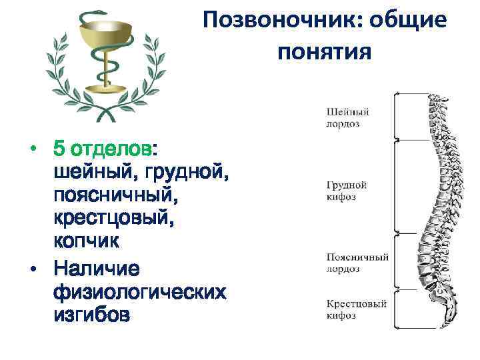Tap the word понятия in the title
coord(323,51)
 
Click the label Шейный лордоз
coord(347,117)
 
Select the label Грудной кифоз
coord(347,191)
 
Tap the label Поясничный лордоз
coord(353,263)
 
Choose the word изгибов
coord(91,316)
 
